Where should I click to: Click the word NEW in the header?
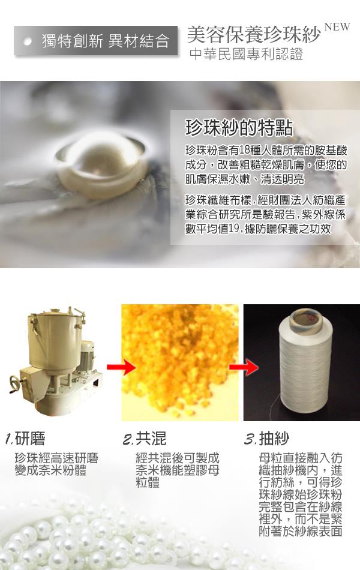337,27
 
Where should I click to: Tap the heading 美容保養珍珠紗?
254,35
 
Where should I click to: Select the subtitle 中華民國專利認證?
246,54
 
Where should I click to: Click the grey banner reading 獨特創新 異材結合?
96,41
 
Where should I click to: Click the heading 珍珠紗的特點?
239,127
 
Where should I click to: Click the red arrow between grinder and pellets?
121,367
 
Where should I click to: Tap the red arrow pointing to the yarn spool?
244,367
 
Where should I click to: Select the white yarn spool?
305,361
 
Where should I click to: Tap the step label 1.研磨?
25,438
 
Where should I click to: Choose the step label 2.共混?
145,438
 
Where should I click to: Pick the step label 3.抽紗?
267,439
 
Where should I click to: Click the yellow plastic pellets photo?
180,362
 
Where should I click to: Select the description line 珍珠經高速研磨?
56,458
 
